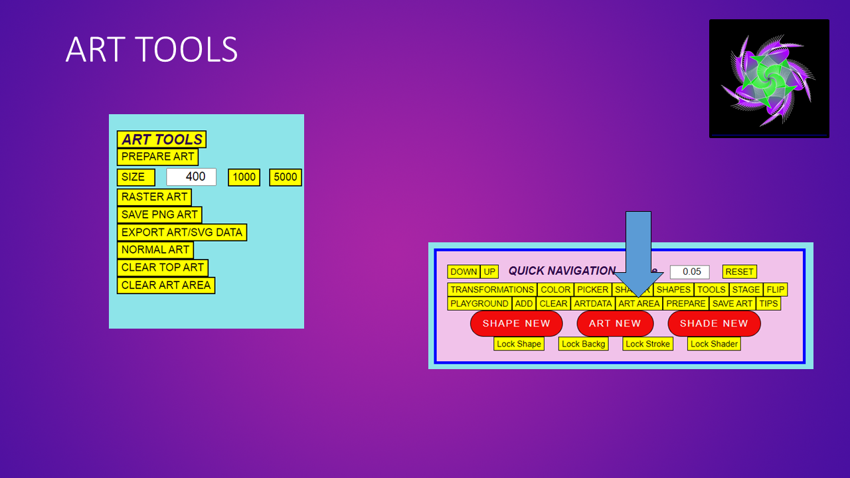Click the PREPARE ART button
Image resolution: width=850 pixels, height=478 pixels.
157,157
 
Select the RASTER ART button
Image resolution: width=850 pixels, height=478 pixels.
154,197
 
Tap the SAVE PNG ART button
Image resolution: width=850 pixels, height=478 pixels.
159,215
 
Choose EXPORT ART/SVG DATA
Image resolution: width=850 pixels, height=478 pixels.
182,232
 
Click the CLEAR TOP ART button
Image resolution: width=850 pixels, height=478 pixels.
163,268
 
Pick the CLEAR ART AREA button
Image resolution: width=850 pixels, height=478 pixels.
166,285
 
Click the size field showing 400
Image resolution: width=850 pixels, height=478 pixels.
191,177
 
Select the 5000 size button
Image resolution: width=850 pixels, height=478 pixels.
286,177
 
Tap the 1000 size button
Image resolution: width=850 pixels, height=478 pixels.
244,177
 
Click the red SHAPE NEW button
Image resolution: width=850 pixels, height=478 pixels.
516,323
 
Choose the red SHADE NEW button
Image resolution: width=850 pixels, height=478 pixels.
714,323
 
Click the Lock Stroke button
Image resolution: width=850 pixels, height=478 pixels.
647,344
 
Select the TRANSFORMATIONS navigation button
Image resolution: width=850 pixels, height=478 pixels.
492,289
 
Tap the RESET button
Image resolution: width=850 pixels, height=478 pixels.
739,272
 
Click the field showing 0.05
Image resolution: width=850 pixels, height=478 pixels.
690,272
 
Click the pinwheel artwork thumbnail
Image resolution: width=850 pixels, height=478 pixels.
769,78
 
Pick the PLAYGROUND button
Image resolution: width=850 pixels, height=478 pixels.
479,303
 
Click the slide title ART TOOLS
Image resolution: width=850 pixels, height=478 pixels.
151,50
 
